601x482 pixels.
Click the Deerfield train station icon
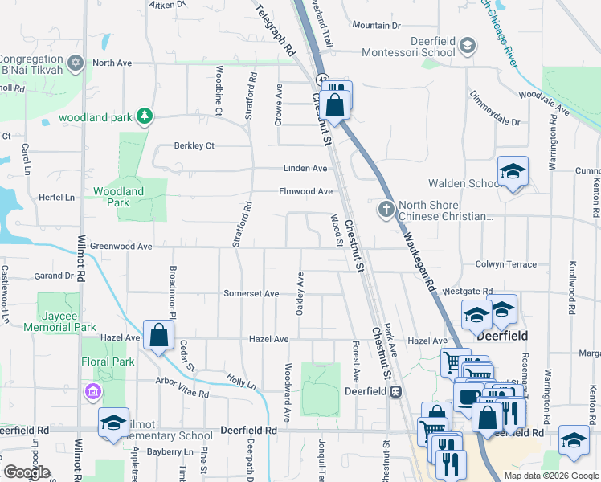click(x=395, y=391)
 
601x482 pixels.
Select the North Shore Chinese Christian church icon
click(x=386, y=210)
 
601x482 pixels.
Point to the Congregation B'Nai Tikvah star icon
click(x=77, y=63)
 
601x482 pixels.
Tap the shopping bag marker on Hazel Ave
click(x=159, y=336)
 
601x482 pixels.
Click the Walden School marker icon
click(x=513, y=172)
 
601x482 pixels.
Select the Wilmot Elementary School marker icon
click(x=114, y=424)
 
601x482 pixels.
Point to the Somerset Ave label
click(x=251, y=294)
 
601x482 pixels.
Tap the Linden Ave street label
click(x=305, y=168)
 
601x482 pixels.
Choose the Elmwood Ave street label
click(x=305, y=191)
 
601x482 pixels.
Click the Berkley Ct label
click(x=194, y=146)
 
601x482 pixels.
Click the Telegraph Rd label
click(x=276, y=32)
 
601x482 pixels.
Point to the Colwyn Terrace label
click(x=506, y=264)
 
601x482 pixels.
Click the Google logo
click(x=27, y=472)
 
